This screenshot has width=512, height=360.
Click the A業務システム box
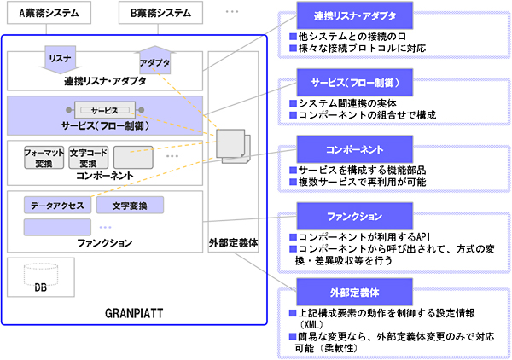coord(49,13)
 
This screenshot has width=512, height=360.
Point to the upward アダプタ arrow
coord(154,60)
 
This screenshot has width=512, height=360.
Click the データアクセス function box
coord(57,206)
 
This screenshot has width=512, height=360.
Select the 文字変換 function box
coord(130,206)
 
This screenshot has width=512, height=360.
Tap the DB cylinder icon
coord(41,277)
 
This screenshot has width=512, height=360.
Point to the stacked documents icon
coord(231,146)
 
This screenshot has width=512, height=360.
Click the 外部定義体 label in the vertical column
coord(233,242)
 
